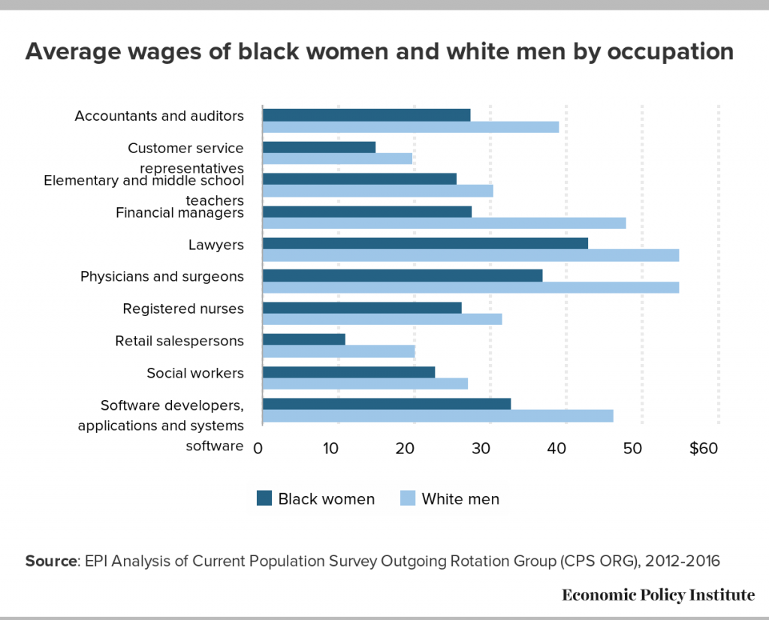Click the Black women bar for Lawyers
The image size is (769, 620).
click(425, 243)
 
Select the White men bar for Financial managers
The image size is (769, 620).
click(444, 223)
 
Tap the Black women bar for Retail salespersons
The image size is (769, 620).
click(304, 339)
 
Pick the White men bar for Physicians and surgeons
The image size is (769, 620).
click(471, 287)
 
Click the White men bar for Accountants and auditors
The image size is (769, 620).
click(411, 127)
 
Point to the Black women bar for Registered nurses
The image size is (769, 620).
click(362, 308)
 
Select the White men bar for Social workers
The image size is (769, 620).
click(365, 384)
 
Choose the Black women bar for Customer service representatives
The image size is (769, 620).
click(319, 147)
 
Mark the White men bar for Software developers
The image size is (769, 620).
click(438, 416)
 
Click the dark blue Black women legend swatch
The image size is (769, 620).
click(264, 498)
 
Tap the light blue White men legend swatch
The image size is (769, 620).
click(407, 498)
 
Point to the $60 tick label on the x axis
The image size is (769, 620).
click(704, 449)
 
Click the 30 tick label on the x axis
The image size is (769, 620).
click(481, 449)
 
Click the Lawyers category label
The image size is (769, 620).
click(216, 245)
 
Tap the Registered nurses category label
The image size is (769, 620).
click(183, 308)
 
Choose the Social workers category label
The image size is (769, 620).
click(195, 373)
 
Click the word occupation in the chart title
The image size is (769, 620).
click(662, 52)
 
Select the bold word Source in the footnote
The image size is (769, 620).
click(51, 561)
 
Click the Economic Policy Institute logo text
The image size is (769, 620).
click(658, 595)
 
